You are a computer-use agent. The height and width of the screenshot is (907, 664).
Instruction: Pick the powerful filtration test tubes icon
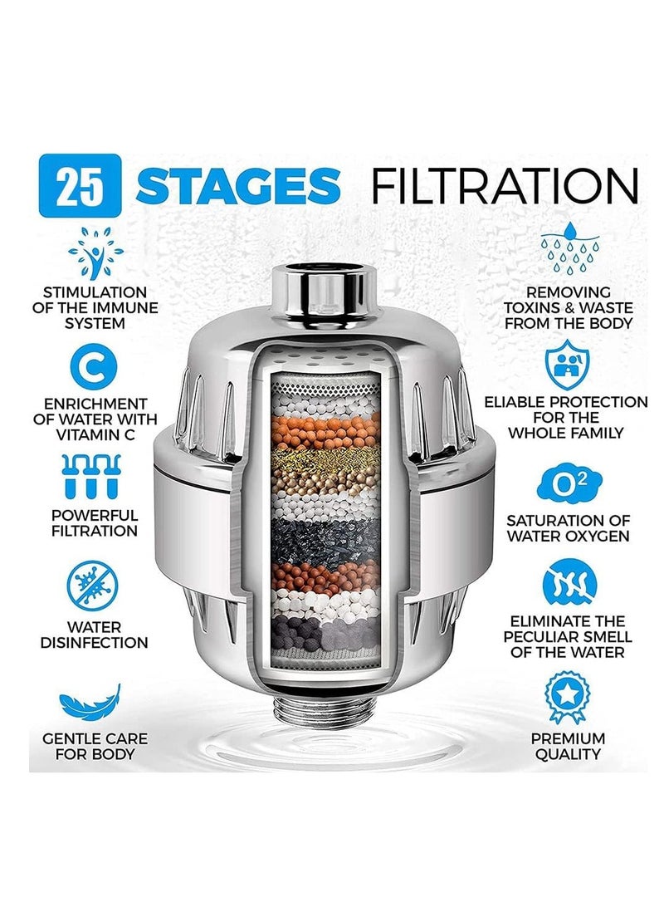(x=96, y=476)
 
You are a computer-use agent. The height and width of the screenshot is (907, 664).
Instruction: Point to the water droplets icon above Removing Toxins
(x=569, y=248)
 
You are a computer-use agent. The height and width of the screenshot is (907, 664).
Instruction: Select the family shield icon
(x=569, y=362)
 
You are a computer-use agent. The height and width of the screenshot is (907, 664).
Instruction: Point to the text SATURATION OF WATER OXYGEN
(x=569, y=528)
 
